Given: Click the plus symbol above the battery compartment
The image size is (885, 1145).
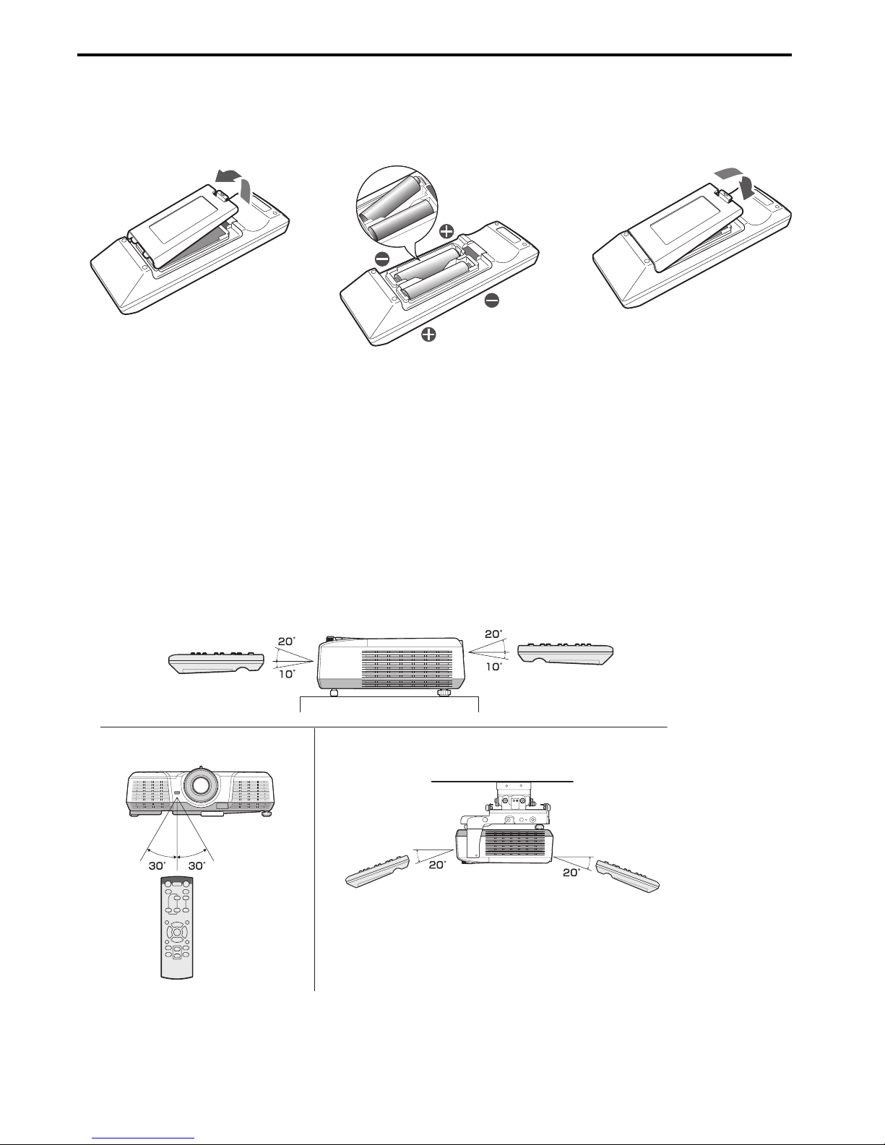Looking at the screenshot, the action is tap(446, 230).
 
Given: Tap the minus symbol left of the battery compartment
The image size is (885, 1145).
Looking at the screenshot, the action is tap(382, 259).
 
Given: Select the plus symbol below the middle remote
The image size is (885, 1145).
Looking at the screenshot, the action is tap(429, 334).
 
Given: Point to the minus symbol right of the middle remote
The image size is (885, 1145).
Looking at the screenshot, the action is tap(491, 301).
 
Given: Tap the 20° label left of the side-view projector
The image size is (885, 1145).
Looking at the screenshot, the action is tap(287, 641).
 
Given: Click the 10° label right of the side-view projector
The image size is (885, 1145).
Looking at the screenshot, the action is tap(493, 667).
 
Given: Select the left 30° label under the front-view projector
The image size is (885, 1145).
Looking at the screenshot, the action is tap(157, 865).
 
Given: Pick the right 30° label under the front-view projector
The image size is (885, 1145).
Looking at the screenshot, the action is tap(197, 865).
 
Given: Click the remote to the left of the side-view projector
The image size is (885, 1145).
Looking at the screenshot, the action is tap(217, 663).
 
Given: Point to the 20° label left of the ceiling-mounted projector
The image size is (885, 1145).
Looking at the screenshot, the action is tap(437, 865).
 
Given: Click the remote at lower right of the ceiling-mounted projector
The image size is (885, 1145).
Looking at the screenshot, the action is tap(627, 876).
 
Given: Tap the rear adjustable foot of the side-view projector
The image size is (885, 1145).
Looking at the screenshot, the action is tap(444, 692).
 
